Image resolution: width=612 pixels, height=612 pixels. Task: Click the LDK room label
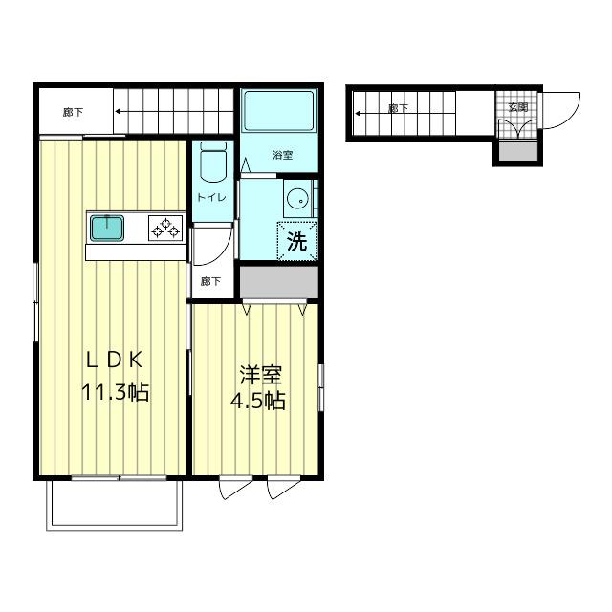pos(114,360)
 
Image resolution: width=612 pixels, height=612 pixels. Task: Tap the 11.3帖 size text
pos(115,392)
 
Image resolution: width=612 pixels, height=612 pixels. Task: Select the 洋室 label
pos(260,374)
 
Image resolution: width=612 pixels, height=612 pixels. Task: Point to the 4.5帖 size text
pos(257,401)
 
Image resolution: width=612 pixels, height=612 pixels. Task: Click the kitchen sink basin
pos(107,228)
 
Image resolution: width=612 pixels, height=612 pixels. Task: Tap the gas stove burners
pos(165,228)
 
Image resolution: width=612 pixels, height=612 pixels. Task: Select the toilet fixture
pos(213,162)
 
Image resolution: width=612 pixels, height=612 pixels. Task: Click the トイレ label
pos(211,197)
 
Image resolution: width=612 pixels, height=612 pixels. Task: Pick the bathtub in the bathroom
pos(278,111)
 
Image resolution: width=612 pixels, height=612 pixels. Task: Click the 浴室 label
pos(282,155)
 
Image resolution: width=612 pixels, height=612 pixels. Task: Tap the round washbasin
pos(297,199)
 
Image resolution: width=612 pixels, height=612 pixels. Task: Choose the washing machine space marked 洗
pos(297,240)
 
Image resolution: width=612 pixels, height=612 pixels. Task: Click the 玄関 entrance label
pos(518,106)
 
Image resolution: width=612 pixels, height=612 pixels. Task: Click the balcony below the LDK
pos(115,506)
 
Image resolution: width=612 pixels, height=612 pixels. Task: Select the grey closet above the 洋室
pos(279,282)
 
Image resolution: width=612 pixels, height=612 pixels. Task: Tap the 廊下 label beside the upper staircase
pos(73,113)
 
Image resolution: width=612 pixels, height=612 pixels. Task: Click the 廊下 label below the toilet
pos(210,281)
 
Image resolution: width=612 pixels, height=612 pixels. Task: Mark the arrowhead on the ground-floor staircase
pos(358,114)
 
